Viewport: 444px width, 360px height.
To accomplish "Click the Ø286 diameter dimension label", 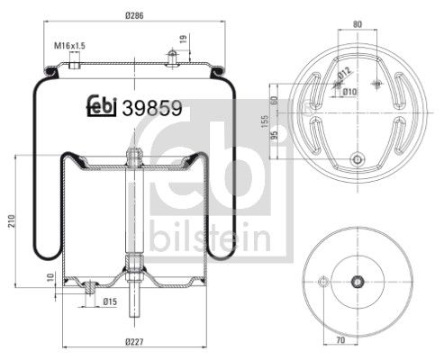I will [x=134, y=15].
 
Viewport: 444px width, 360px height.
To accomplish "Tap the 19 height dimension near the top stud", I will [x=185, y=39].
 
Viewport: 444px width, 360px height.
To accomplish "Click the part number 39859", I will [x=155, y=107].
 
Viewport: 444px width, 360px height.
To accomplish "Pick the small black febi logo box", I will [x=104, y=107].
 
